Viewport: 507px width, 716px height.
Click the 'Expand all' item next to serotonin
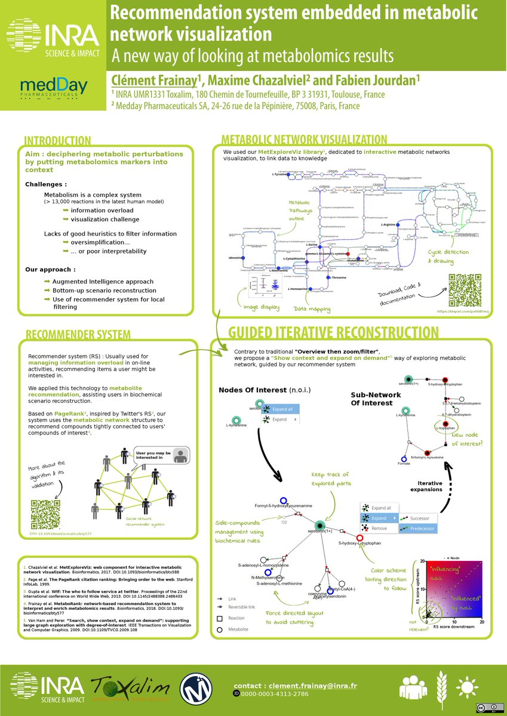[x=282, y=409]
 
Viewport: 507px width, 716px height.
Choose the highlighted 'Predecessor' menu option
[x=422, y=529]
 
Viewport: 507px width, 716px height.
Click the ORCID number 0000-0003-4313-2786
[x=274, y=695]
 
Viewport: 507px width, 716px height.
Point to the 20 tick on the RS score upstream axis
[x=423, y=561]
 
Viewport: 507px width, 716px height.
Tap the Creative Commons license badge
[x=486, y=708]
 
